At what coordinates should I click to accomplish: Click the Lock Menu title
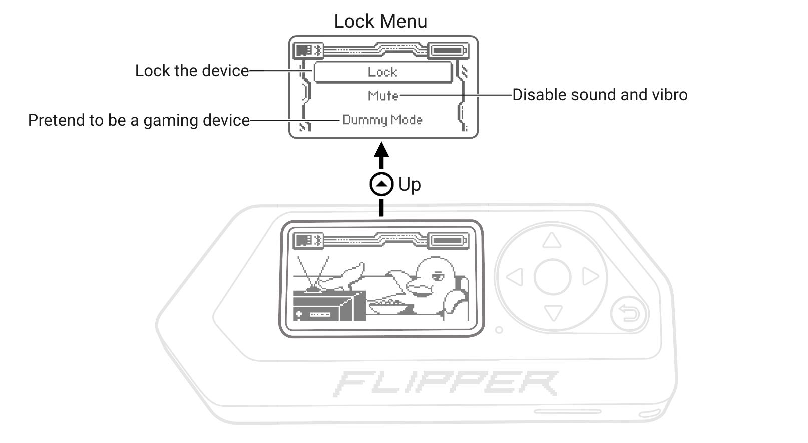(x=380, y=21)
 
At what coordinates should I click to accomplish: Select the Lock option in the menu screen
(x=382, y=72)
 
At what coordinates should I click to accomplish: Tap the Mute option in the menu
(x=383, y=95)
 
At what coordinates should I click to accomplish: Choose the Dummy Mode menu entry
(x=382, y=120)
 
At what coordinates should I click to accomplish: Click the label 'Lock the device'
(x=192, y=71)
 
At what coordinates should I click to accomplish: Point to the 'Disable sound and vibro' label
(x=600, y=95)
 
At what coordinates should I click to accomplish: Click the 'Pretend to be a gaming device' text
(x=139, y=120)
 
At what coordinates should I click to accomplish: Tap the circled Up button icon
(x=381, y=184)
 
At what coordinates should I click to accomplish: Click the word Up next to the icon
(x=410, y=184)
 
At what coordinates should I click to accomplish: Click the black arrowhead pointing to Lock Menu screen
(x=382, y=149)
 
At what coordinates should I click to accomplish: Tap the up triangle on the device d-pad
(x=552, y=241)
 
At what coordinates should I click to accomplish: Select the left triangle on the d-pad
(x=515, y=276)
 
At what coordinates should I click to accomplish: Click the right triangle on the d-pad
(x=590, y=276)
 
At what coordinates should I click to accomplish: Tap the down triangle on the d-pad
(x=552, y=313)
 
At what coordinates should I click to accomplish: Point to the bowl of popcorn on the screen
(x=388, y=306)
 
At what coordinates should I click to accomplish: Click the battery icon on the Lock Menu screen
(x=449, y=51)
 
